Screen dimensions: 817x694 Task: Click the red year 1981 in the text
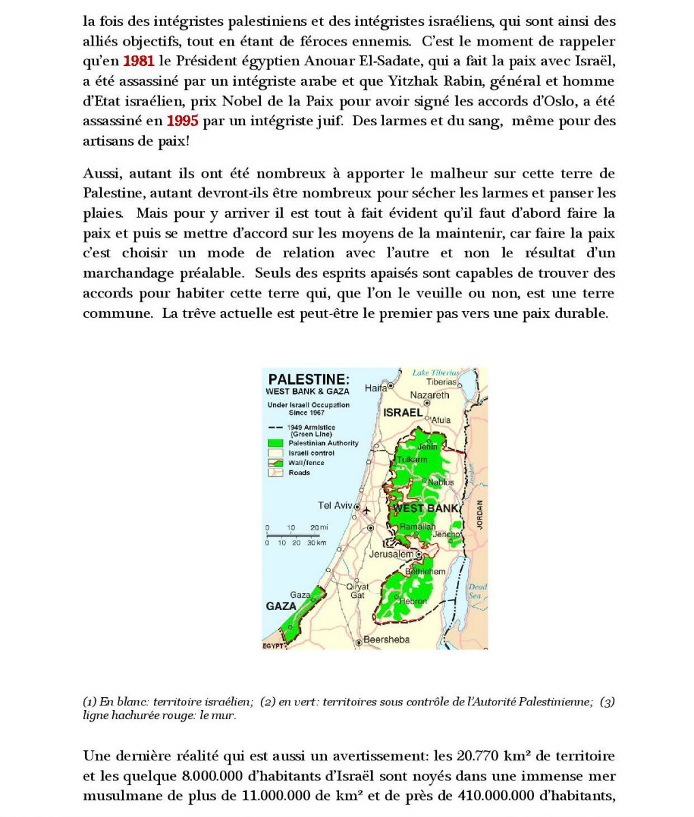point(138,61)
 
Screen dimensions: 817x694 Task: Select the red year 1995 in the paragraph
point(183,121)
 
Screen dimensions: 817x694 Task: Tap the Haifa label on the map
point(376,388)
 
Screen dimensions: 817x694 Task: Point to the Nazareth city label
point(429,395)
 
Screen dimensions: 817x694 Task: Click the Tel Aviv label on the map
point(335,505)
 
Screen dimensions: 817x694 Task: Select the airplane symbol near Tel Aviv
point(368,510)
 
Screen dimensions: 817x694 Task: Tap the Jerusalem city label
point(391,554)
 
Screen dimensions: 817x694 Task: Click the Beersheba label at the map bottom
point(386,639)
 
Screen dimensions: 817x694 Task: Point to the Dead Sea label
point(477,591)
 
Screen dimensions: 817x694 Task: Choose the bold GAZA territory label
point(281,606)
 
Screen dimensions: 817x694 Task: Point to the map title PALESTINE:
point(309,379)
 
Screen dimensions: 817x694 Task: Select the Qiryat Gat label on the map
point(357,590)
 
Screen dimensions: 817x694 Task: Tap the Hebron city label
point(413,601)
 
